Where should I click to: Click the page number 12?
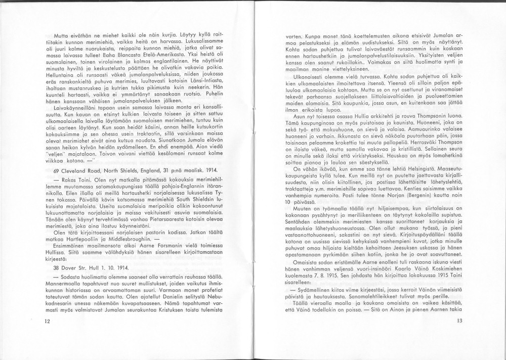click(x=47, y=321)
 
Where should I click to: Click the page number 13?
click(x=459, y=321)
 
